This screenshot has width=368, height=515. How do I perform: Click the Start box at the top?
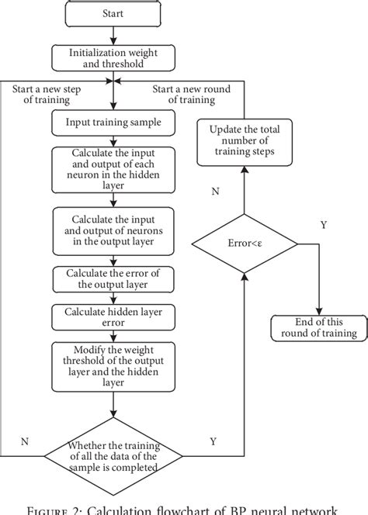point(113,13)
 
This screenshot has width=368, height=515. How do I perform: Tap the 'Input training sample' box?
point(113,122)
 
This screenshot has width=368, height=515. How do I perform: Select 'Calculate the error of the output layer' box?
point(113,278)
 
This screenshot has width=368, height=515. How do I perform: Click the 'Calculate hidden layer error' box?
point(113,316)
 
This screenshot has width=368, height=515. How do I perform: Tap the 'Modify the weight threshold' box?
point(113,367)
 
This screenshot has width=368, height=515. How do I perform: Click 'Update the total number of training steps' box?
point(245,143)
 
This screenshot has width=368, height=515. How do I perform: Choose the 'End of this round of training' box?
point(318,327)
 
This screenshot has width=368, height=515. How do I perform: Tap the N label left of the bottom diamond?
point(25,441)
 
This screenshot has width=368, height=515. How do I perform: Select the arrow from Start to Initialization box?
point(113,33)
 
